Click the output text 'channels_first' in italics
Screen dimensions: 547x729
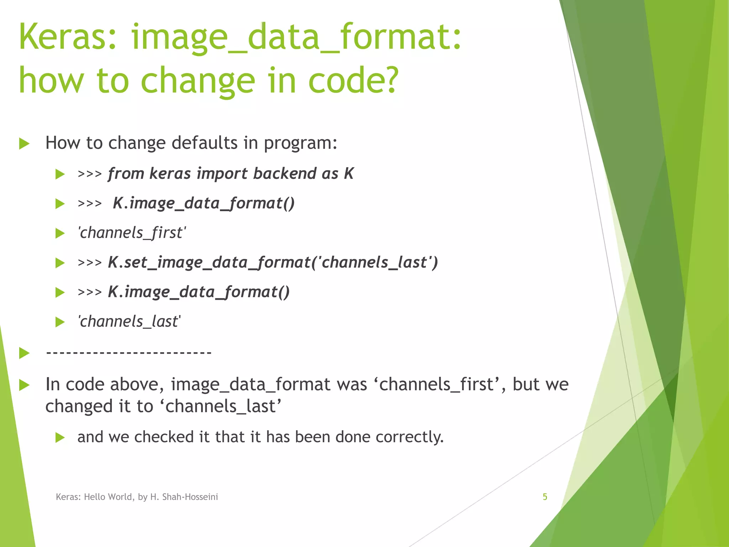[x=132, y=233]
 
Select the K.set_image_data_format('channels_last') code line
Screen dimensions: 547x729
[x=273, y=262]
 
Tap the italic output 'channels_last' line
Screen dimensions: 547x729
[x=129, y=322]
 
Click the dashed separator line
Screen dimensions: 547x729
[x=129, y=353]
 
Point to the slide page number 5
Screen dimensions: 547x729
[x=545, y=497]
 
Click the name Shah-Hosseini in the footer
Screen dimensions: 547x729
[x=190, y=497]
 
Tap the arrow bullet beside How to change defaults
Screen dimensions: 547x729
[x=24, y=144]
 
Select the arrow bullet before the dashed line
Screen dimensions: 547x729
[x=24, y=353]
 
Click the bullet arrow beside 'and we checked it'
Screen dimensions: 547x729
[x=60, y=438]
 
